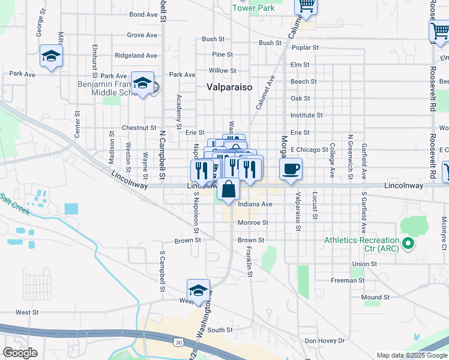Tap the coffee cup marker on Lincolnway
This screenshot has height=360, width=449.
click(291, 169)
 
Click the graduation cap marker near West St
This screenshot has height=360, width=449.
click(198, 291)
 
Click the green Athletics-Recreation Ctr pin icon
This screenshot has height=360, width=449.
click(408, 243)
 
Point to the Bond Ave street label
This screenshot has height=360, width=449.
click(143, 14)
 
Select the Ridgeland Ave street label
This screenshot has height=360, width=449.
click(136, 55)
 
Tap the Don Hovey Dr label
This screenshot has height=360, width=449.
click(325, 341)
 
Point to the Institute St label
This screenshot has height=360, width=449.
click(306, 115)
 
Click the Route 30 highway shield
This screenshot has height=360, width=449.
click(178, 342)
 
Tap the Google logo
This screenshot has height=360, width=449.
click(20, 353)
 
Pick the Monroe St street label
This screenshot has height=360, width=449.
click(252, 223)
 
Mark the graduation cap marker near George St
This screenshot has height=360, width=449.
click(51, 57)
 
